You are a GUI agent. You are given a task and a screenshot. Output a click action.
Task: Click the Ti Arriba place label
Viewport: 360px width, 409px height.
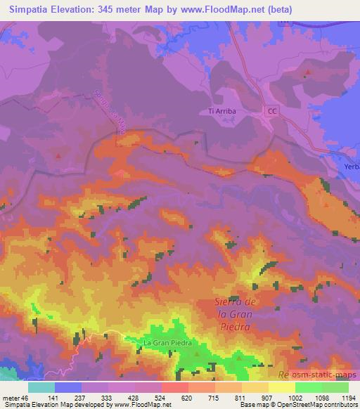click(x=224, y=111)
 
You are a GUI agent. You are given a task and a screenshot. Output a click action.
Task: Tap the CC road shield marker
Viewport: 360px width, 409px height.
click(x=273, y=111)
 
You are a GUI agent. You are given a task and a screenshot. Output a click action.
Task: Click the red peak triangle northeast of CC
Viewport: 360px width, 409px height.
click(x=308, y=72)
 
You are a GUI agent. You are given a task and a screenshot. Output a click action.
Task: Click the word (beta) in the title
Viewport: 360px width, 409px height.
click(x=278, y=11)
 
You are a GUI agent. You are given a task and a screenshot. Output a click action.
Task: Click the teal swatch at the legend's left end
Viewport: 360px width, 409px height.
click(x=41, y=387)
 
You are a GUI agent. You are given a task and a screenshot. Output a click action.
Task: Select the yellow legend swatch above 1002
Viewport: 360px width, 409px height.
click(x=281, y=387)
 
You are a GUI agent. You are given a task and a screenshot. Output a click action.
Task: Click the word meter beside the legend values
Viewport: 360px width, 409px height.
click(x=11, y=397)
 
